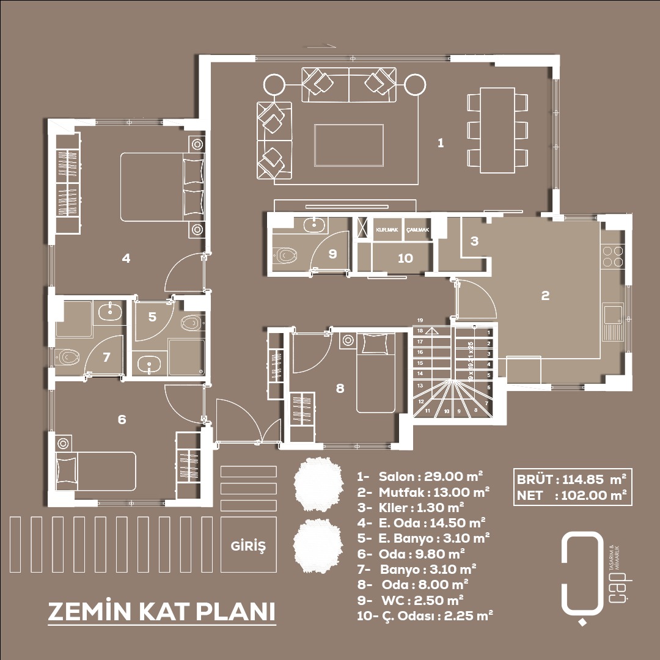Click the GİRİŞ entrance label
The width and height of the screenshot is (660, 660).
[248, 544]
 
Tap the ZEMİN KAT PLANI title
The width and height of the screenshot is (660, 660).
[161, 612]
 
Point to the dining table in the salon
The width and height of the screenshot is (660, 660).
[497, 130]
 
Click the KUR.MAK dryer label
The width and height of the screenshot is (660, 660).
[387, 230]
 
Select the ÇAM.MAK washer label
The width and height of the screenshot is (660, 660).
[418, 230]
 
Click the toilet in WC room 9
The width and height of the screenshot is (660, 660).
[285, 254]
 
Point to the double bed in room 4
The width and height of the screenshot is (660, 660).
[163, 186]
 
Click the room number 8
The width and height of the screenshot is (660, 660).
[340, 387]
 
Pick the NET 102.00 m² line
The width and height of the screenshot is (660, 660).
[572, 496]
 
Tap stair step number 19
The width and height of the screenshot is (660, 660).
[420, 320]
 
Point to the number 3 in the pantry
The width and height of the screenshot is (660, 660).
[475, 241]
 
